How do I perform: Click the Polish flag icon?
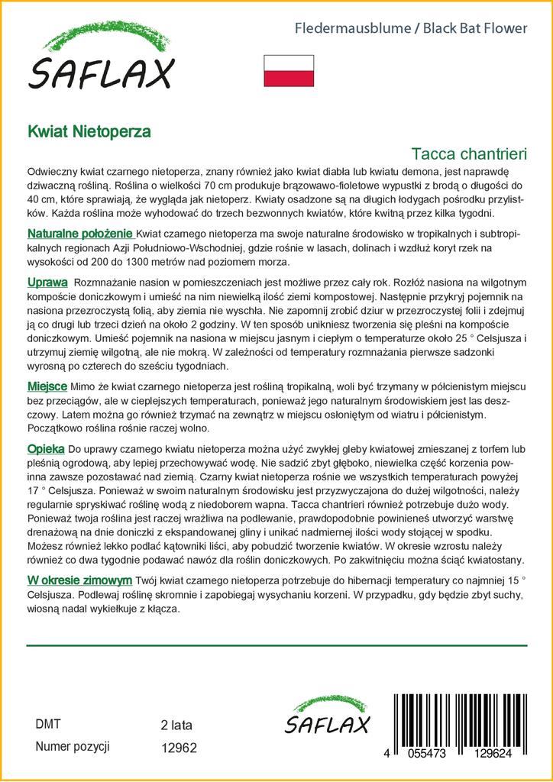(x=289, y=70)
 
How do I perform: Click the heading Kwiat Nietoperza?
(x=89, y=131)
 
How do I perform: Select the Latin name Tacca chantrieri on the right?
(x=469, y=153)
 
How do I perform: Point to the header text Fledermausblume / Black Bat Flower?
(x=411, y=28)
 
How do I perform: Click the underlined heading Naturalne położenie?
(x=80, y=234)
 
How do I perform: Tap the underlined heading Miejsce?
(x=47, y=386)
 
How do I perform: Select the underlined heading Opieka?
(x=46, y=449)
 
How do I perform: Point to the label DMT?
(x=47, y=724)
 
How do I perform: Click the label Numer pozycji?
(x=73, y=747)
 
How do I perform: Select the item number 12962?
(x=179, y=748)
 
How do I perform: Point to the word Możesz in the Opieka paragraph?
(x=47, y=547)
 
